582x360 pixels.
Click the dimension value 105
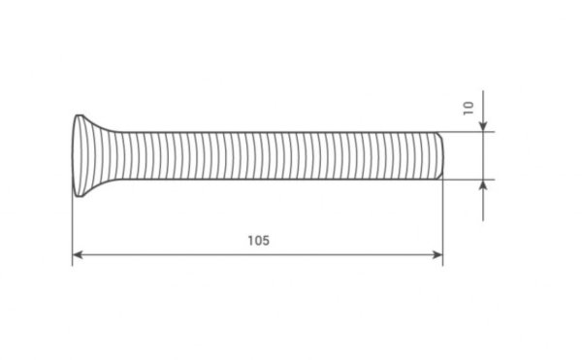click(x=259, y=241)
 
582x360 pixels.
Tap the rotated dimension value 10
click(x=469, y=108)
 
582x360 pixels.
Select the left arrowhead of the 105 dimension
click(x=78, y=254)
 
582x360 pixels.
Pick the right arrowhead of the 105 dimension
click(x=438, y=254)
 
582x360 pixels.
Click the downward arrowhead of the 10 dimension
click(x=483, y=126)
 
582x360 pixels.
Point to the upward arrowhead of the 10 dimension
click(x=483, y=184)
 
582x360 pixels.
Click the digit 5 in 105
click(x=266, y=241)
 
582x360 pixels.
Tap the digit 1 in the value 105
click(x=250, y=241)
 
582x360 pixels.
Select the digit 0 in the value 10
click(x=469, y=104)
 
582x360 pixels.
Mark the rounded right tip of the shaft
click(x=442, y=155)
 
